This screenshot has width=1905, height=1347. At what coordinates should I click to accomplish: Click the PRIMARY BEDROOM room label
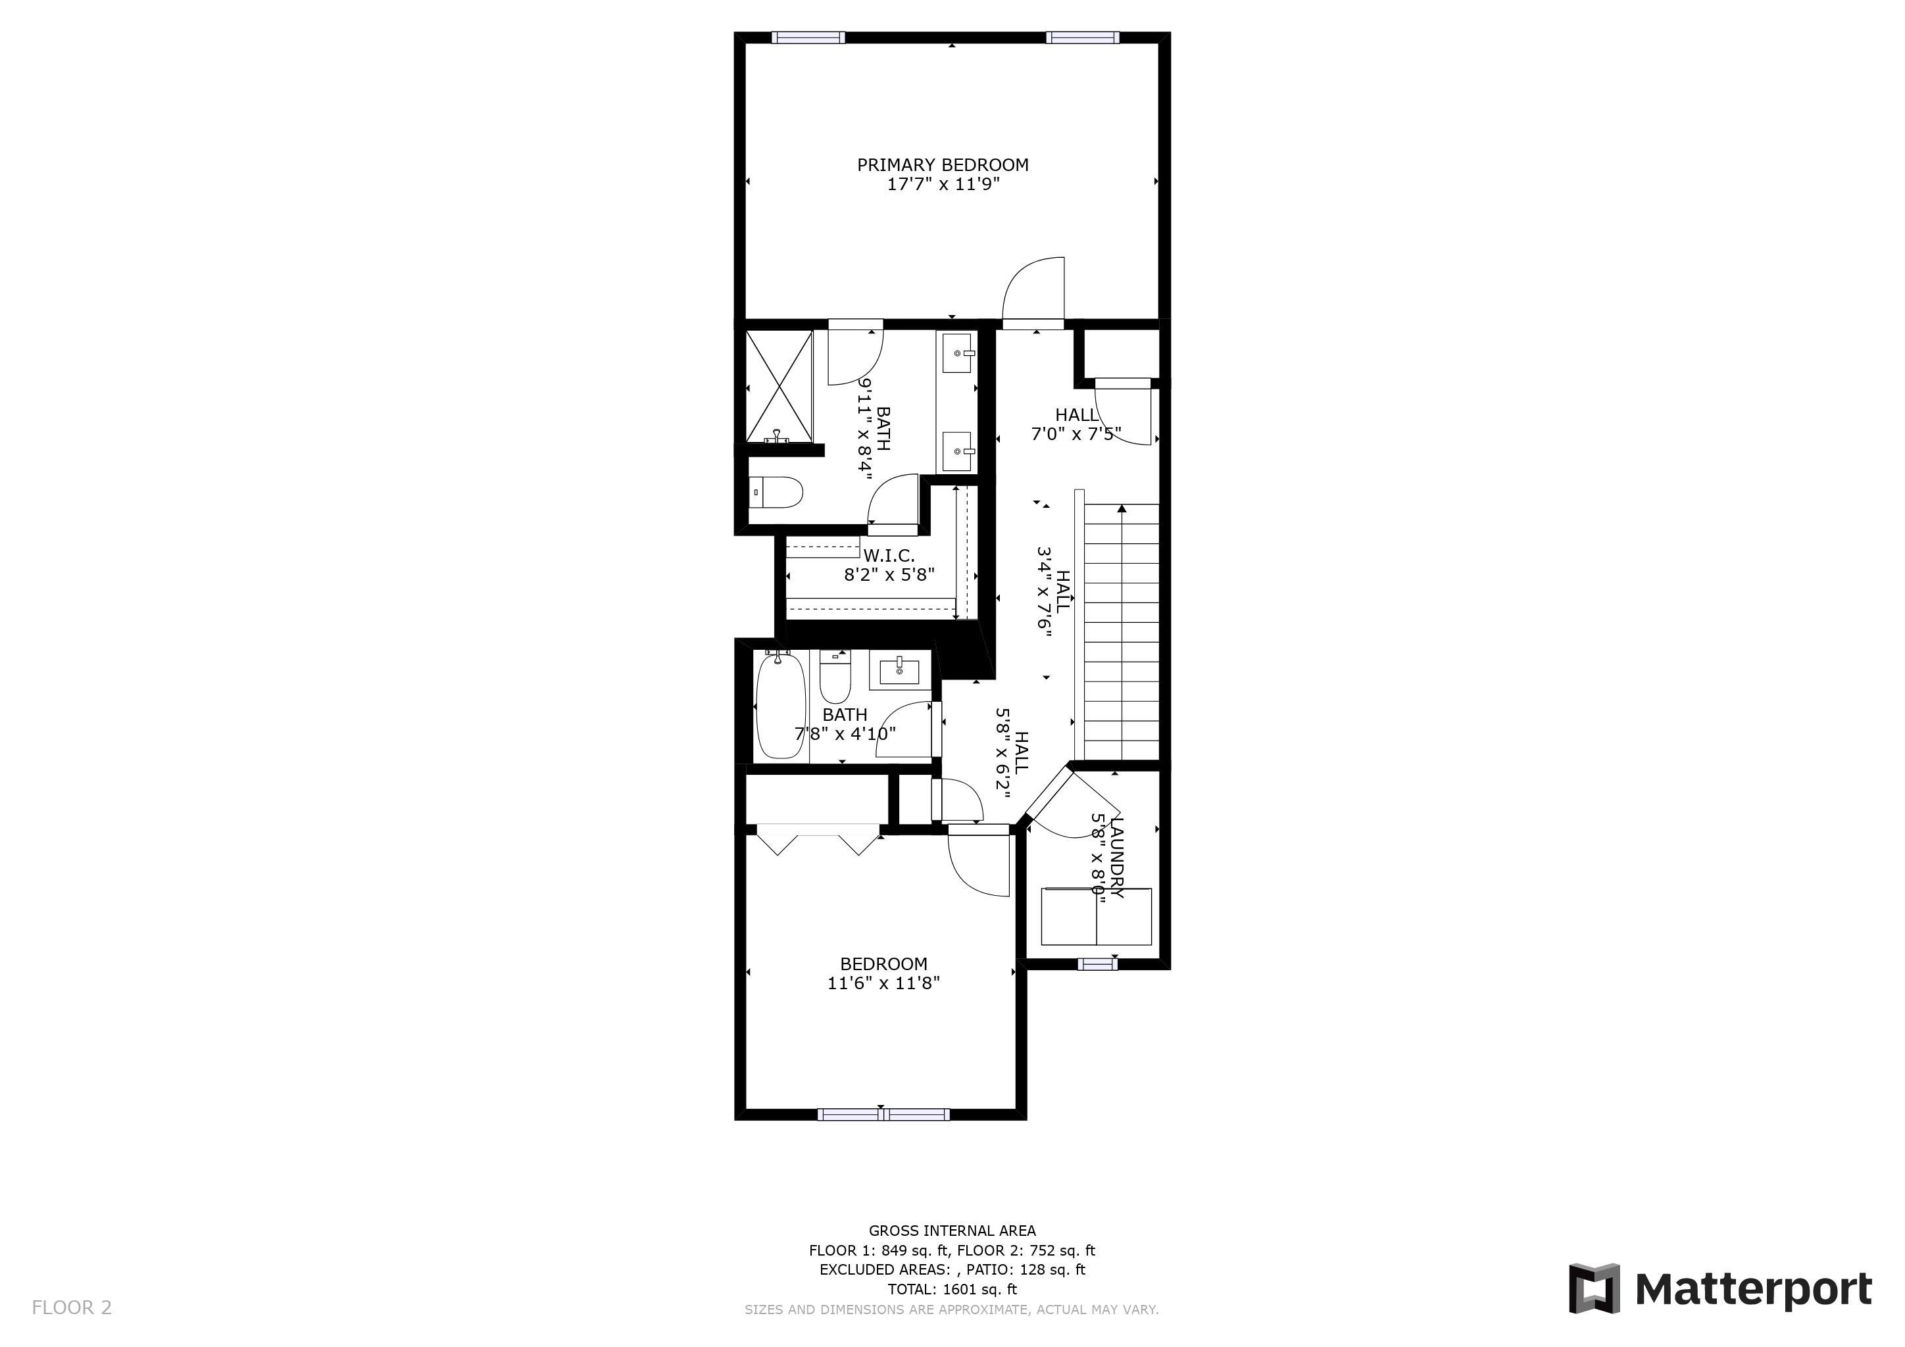point(943,165)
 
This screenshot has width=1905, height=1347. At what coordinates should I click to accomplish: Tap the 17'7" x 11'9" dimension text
point(943,184)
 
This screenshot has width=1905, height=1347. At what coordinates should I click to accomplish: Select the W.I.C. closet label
point(889,555)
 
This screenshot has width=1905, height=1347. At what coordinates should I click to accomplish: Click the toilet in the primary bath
point(776,493)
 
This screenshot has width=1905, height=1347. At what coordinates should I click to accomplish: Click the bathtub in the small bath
point(781,705)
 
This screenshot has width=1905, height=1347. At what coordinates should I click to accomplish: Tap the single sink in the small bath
point(899,670)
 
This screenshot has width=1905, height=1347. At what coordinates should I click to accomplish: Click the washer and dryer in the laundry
point(1096,916)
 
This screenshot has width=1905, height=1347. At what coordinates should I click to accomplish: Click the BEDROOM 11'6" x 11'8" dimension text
point(883,983)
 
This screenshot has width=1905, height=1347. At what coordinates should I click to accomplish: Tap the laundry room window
point(1098,963)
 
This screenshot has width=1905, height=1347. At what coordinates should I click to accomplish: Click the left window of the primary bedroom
point(808,37)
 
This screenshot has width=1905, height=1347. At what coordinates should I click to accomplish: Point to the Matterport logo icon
point(1594,1288)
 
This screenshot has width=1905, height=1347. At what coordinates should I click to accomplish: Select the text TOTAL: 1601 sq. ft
point(952,1289)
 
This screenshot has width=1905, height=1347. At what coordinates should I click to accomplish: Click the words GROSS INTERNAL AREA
point(952,1231)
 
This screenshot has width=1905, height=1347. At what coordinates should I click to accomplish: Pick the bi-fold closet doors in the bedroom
point(818,839)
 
